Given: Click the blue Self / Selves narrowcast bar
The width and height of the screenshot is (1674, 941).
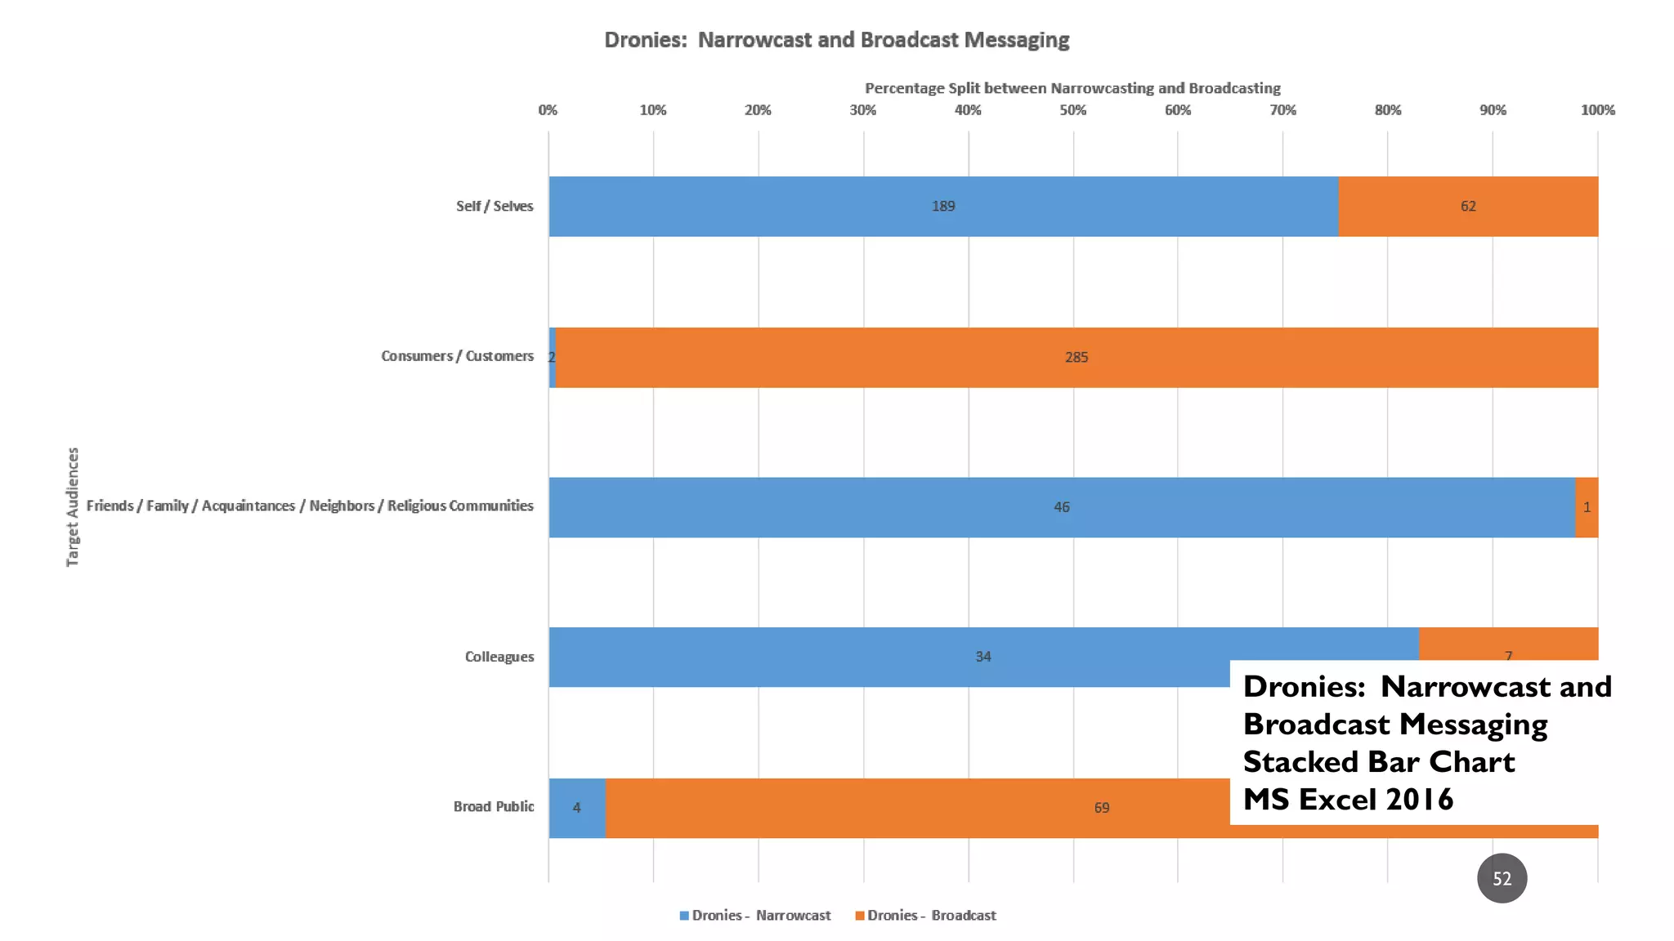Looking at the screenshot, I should [817, 207].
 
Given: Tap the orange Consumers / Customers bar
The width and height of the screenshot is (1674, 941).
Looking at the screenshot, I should [899, 358].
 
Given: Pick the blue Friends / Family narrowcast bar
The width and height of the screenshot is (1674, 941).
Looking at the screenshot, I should [899, 507].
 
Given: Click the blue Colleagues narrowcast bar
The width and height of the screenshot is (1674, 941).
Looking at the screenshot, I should [817, 657].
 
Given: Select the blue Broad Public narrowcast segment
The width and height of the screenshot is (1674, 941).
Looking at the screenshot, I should [577, 808].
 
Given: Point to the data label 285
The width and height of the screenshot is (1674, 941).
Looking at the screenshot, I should [1076, 358].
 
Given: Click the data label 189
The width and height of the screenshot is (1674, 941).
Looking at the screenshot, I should [943, 207].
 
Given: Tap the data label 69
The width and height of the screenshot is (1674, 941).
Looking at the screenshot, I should [1102, 808].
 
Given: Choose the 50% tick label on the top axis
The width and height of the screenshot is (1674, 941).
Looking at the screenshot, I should [1073, 110].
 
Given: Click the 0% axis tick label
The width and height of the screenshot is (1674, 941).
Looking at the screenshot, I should [548, 110].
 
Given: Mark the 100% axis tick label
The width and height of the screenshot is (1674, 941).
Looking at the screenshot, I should [1598, 110].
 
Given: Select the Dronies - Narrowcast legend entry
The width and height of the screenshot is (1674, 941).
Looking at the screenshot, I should [755, 916].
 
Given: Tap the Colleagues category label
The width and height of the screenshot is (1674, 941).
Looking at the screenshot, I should [499, 657].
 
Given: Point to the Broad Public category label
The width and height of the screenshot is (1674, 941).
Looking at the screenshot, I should [494, 807].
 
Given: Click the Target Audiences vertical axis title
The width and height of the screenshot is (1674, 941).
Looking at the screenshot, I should [73, 506].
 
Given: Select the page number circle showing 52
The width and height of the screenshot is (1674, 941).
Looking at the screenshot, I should [1502, 879].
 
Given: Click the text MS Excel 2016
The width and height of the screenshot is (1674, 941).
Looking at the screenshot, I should [1349, 799].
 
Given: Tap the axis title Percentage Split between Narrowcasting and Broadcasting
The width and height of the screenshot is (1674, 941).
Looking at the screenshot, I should [1072, 88].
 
